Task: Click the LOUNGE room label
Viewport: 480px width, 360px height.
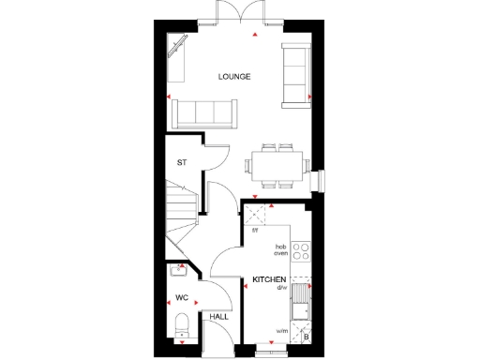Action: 234,77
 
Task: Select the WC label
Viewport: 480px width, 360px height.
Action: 182,298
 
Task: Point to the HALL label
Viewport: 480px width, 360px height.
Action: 219,318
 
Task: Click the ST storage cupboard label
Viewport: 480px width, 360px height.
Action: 182,163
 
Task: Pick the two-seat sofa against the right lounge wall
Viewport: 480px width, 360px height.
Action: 295,72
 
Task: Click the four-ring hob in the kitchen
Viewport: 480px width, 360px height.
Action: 301,251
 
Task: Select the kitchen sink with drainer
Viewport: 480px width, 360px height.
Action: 300,303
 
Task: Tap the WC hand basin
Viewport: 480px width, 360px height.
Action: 178,272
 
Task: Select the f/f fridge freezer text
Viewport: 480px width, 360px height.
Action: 255,229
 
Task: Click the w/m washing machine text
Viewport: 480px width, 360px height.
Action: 281,330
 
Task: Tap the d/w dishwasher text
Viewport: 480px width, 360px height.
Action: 281,288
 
